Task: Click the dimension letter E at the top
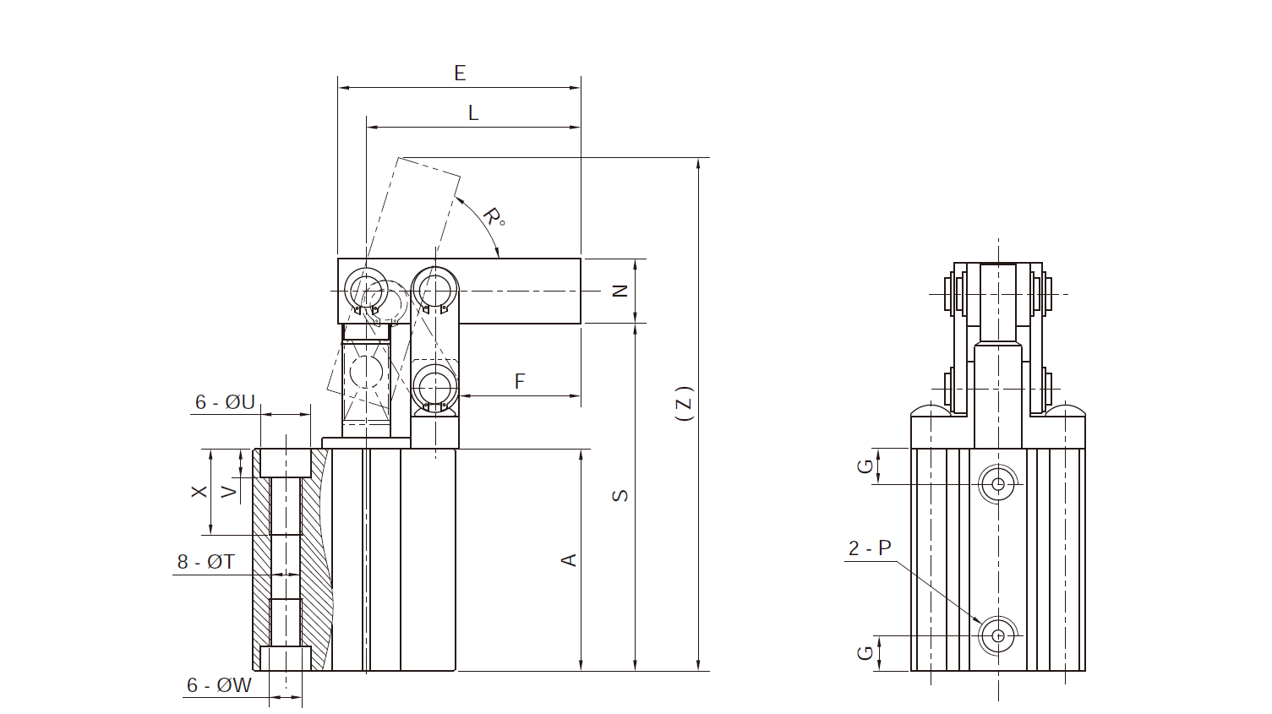[460, 74]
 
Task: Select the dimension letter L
[473, 113]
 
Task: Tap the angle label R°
[494, 217]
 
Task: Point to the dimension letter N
[620, 291]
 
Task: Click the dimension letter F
[520, 381]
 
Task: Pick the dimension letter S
[620, 495]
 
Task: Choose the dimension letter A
[569, 560]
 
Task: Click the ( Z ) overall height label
[686, 403]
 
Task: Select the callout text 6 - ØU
[225, 402]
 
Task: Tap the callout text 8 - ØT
[205, 562]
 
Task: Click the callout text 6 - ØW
[219, 685]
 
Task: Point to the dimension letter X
[199, 492]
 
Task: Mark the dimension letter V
[229, 492]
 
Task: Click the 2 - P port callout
[870, 548]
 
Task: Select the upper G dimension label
[865, 466]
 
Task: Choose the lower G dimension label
[865, 652]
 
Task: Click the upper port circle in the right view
[997, 484]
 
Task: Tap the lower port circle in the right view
[997, 635]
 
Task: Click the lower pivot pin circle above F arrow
[435, 387]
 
